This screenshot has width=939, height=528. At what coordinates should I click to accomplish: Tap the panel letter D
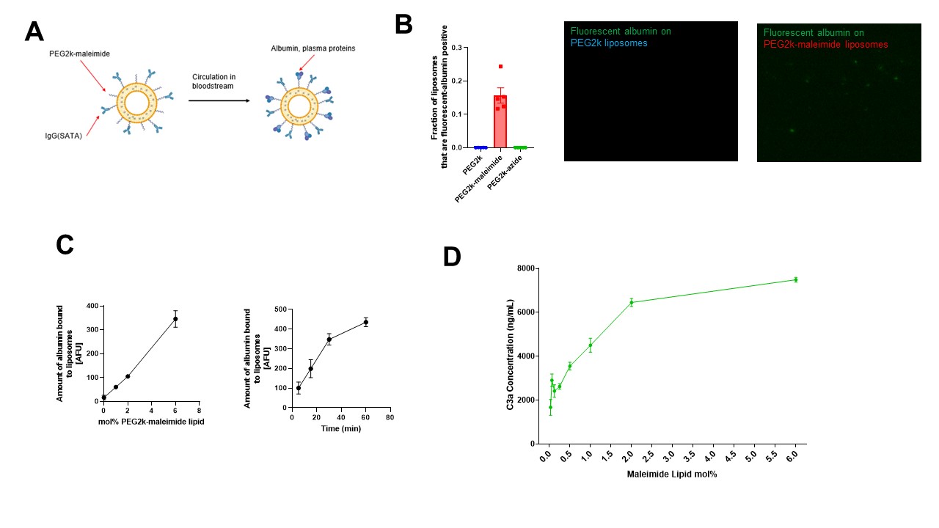click(x=453, y=257)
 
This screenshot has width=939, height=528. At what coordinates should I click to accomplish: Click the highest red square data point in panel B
click(x=500, y=67)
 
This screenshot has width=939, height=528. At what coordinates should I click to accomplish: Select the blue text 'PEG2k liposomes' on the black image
click(x=608, y=43)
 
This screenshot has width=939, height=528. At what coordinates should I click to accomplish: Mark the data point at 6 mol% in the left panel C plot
click(x=175, y=319)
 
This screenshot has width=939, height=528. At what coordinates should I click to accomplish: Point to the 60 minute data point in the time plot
click(x=365, y=322)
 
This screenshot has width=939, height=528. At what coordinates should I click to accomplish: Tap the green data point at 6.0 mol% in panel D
click(x=795, y=279)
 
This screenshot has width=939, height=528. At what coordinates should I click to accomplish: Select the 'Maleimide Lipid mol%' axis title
click(x=671, y=474)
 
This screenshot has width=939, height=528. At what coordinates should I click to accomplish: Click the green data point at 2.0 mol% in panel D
click(x=631, y=302)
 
